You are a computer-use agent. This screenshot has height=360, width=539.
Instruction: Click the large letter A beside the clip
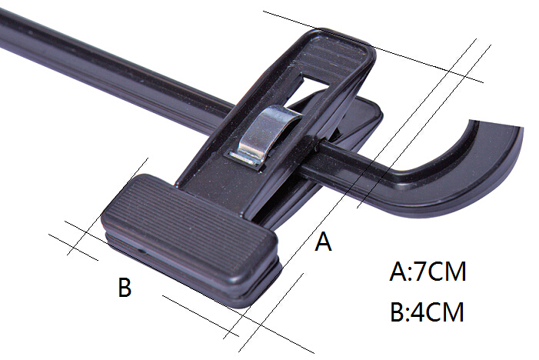[x=323, y=242]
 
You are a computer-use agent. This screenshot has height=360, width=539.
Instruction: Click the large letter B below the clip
[x=125, y=287]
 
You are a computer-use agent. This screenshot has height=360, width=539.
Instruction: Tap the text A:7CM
[x=428, y=272]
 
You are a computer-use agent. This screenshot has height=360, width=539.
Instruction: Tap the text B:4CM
[x=428, y=312]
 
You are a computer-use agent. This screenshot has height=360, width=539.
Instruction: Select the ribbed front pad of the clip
[x=188, y=225]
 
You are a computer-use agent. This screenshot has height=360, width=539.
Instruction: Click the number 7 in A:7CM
[x=417, y=272]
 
